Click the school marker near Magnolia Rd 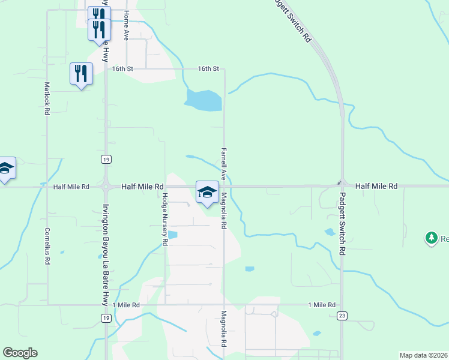tap(207, 192)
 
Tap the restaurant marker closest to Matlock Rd tap(81, 73)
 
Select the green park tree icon tap(431, 238)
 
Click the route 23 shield tap(342, 316)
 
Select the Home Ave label tap(126, 25)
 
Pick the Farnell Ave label tap(223, 164)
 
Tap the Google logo tap(20, 353)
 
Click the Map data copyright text tap(424, 355)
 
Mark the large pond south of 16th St tap(204, 100)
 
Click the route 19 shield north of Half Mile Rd tap(106, 159)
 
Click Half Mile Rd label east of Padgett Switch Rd tap(376, 187)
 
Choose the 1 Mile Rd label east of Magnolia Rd tap(322, 305)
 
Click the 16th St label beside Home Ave tap(122, 69)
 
